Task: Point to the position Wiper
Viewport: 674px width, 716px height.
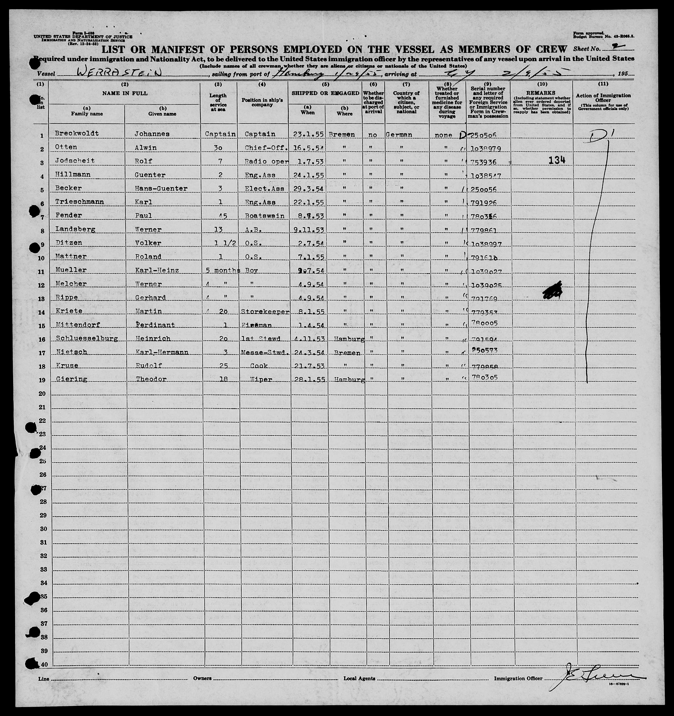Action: (259, 379)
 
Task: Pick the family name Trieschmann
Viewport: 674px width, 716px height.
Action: (80, 202)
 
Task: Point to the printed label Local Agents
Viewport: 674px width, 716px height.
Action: (359, 679)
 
